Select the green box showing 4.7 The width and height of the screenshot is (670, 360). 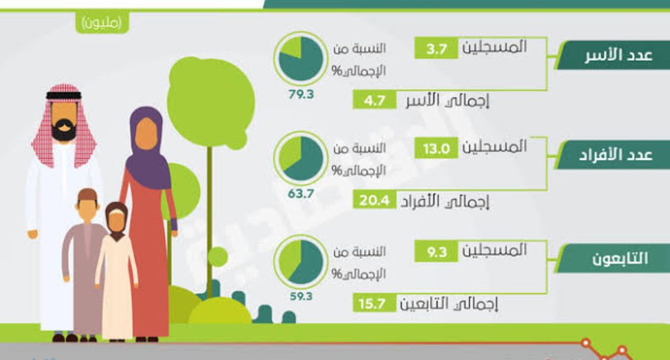(x=374, y=101)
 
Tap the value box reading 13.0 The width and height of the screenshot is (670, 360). (x=436, y=149)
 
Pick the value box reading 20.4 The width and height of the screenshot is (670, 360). (x=374, y=200)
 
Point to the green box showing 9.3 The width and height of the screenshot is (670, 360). (x=436, y=252)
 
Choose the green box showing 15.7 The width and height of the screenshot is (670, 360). (x=374, y=304)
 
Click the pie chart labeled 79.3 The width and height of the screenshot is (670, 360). (x=300, y=58)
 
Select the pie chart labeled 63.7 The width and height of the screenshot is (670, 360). (x=300, y=159)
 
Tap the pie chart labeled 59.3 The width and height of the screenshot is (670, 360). (x=300, y=262)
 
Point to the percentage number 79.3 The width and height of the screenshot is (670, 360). (x=301, y=94)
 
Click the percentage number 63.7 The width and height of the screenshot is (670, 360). (x=301, y=194)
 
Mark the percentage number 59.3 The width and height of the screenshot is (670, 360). (x=301, y=296)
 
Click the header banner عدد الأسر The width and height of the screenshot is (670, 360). (x=613, y=55)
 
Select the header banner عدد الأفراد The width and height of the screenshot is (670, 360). (x=613, y=155)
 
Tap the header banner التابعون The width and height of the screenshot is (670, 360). (x=613, y=258)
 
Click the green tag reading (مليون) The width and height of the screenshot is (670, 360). (x=102, y=22)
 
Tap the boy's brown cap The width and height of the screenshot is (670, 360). (x=87, y=194)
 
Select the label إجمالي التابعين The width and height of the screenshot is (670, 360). (x=449, y=304)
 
